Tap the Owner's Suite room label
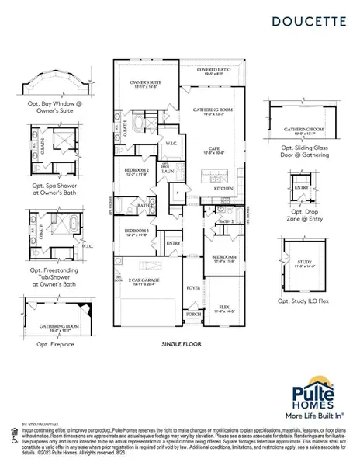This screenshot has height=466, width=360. pyautogui.click(x=144, y=82)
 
